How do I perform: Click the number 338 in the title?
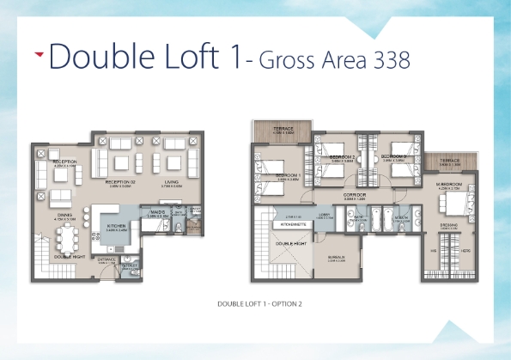coord(385,59)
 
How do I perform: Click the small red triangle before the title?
coord(39,53)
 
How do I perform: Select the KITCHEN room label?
coord(117,226)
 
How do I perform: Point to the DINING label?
coord(65,216)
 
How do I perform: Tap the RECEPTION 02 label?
coord(121,182)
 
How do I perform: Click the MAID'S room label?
coord(157,211)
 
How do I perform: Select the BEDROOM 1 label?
coord(287,175)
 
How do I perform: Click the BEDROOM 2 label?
coord(342,157)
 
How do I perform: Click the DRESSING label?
coord(448,225)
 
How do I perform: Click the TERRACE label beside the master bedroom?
coord(449,161)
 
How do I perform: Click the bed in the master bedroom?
coord(454,204)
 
